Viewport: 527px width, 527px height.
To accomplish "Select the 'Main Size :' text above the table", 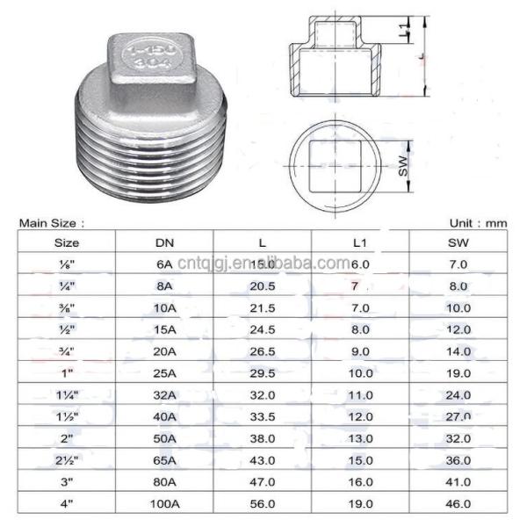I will (52, 224).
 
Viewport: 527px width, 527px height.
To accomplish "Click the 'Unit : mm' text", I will (478, 224).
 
